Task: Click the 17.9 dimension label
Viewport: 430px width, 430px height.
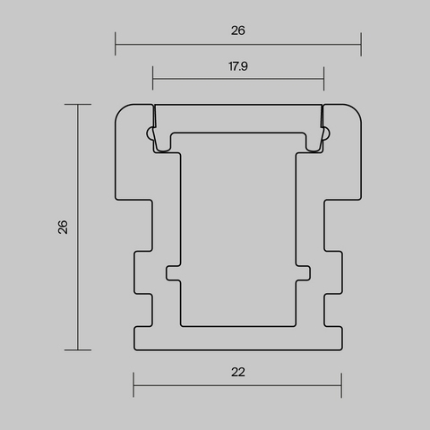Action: click(x=238, y=66)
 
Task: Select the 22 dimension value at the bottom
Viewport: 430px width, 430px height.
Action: click(x=238, y=372)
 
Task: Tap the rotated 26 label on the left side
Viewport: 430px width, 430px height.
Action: click(x=63, y=227)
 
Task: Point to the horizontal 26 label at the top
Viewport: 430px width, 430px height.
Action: click(x=238, y=30)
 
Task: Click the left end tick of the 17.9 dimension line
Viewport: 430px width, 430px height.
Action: click(x=152, y=78)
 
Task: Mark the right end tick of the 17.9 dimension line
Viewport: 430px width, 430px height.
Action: click(x=323, y=79)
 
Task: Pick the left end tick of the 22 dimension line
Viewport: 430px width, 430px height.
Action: click(x=133, y=385)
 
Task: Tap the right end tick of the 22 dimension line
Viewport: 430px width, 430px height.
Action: click(x=341, y=385)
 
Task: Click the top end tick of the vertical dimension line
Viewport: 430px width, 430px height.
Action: click(x=78, y=104)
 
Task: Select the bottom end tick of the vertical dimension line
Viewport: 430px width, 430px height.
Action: click(x=78, y=350)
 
